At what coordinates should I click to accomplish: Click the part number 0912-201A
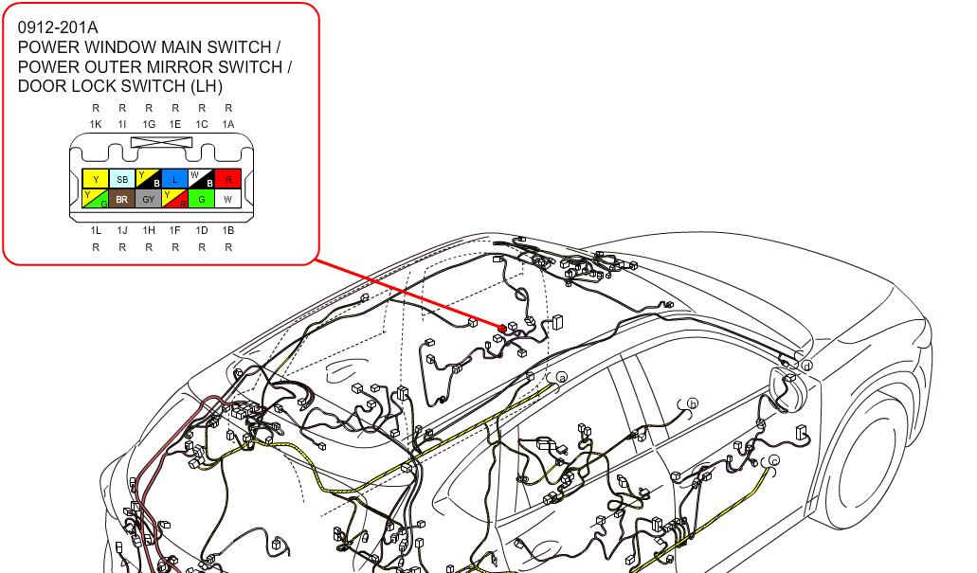click(58, 27)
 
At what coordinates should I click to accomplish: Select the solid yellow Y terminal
click(96, 179)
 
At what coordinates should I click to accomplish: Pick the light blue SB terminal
click(122, 179)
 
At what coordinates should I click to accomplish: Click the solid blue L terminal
click(175, 179)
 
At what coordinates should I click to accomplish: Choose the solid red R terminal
click(228, 179)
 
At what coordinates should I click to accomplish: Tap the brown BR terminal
click(122, 199)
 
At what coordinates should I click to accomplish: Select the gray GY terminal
click(148, 199)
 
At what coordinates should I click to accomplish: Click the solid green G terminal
click(201, 199)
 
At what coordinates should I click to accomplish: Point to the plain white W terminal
click(228, 199)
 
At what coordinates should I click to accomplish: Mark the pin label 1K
click(96, 125)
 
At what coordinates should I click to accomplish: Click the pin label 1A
click(228, 125)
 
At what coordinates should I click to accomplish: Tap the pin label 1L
click(96, 230)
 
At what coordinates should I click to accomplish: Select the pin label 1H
click(148, 230)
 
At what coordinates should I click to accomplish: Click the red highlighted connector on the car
click(502, 329)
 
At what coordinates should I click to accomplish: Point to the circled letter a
click(562, 378)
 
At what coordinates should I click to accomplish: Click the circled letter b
click(693, 403)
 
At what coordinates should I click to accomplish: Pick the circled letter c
click(774, 460)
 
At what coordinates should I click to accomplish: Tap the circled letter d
click(806, 366)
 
